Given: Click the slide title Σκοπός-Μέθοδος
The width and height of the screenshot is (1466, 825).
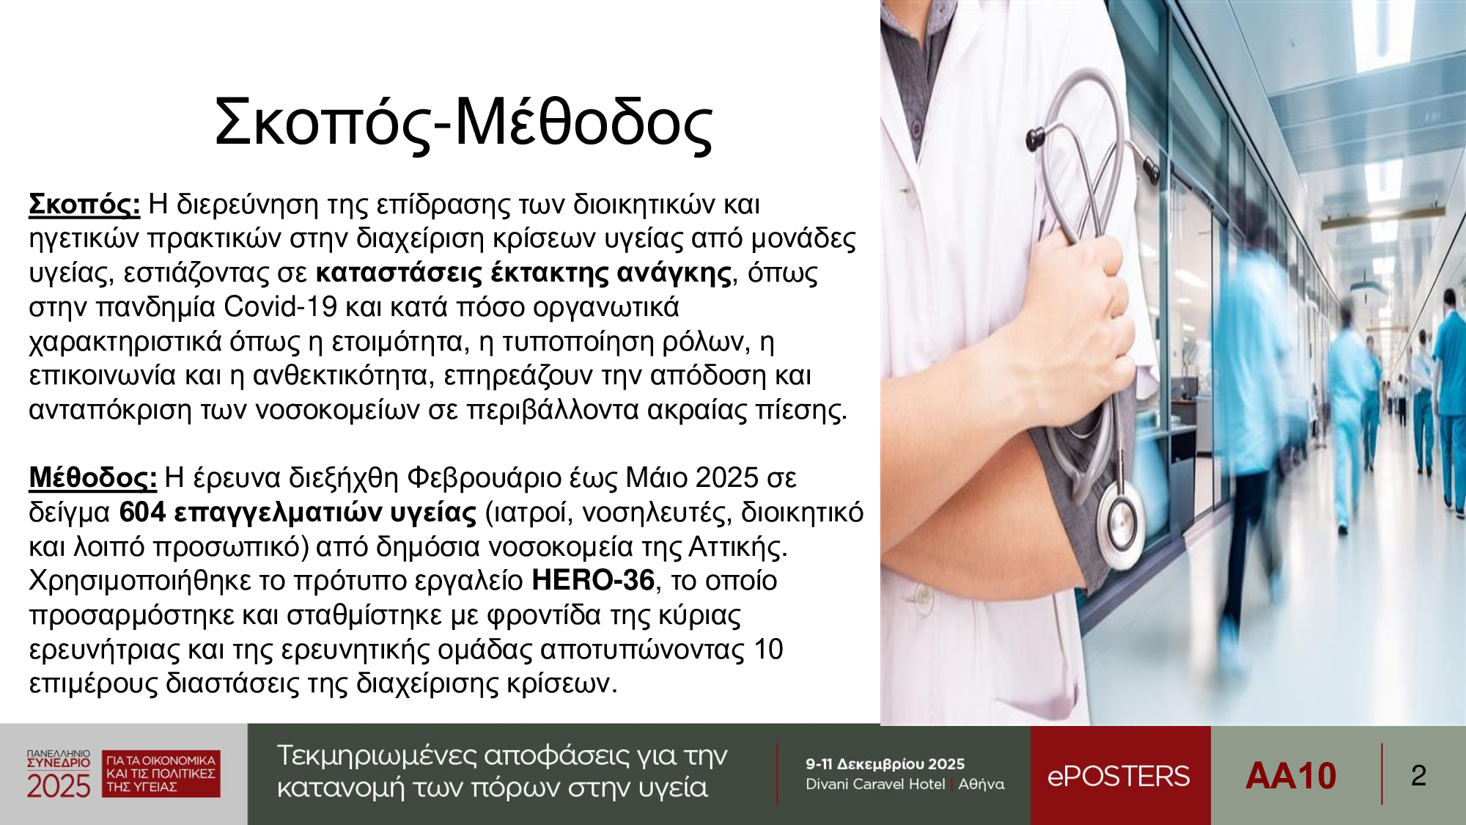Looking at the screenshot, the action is coord(463,123).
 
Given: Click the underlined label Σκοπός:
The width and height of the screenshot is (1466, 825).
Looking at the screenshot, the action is coord(84,204).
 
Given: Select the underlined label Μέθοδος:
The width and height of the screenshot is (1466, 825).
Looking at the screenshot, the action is coord(92,477).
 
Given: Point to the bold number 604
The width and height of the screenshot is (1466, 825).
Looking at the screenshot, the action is coord(142,512).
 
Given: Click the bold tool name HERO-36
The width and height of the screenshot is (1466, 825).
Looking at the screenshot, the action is coord(593,580).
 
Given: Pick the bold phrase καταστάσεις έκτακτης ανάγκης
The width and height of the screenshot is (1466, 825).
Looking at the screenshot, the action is coord(523,273).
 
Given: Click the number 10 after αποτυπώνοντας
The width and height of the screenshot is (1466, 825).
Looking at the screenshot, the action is coord(769,649).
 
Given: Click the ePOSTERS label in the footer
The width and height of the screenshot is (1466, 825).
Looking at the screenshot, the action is coord(1119,776).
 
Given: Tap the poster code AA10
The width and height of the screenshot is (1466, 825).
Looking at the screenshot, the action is coord(1291,776).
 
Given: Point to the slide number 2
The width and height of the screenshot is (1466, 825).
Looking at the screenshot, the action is coord(1418,776).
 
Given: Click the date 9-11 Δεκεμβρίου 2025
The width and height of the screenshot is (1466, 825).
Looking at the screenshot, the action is coord(885,764).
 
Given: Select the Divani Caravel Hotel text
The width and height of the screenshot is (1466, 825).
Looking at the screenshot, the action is coord(875,784).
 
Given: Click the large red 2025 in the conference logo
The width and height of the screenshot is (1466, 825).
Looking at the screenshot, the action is coord(58,786).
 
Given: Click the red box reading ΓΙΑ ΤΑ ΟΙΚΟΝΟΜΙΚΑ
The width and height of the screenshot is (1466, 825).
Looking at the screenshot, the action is coord(161,774).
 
